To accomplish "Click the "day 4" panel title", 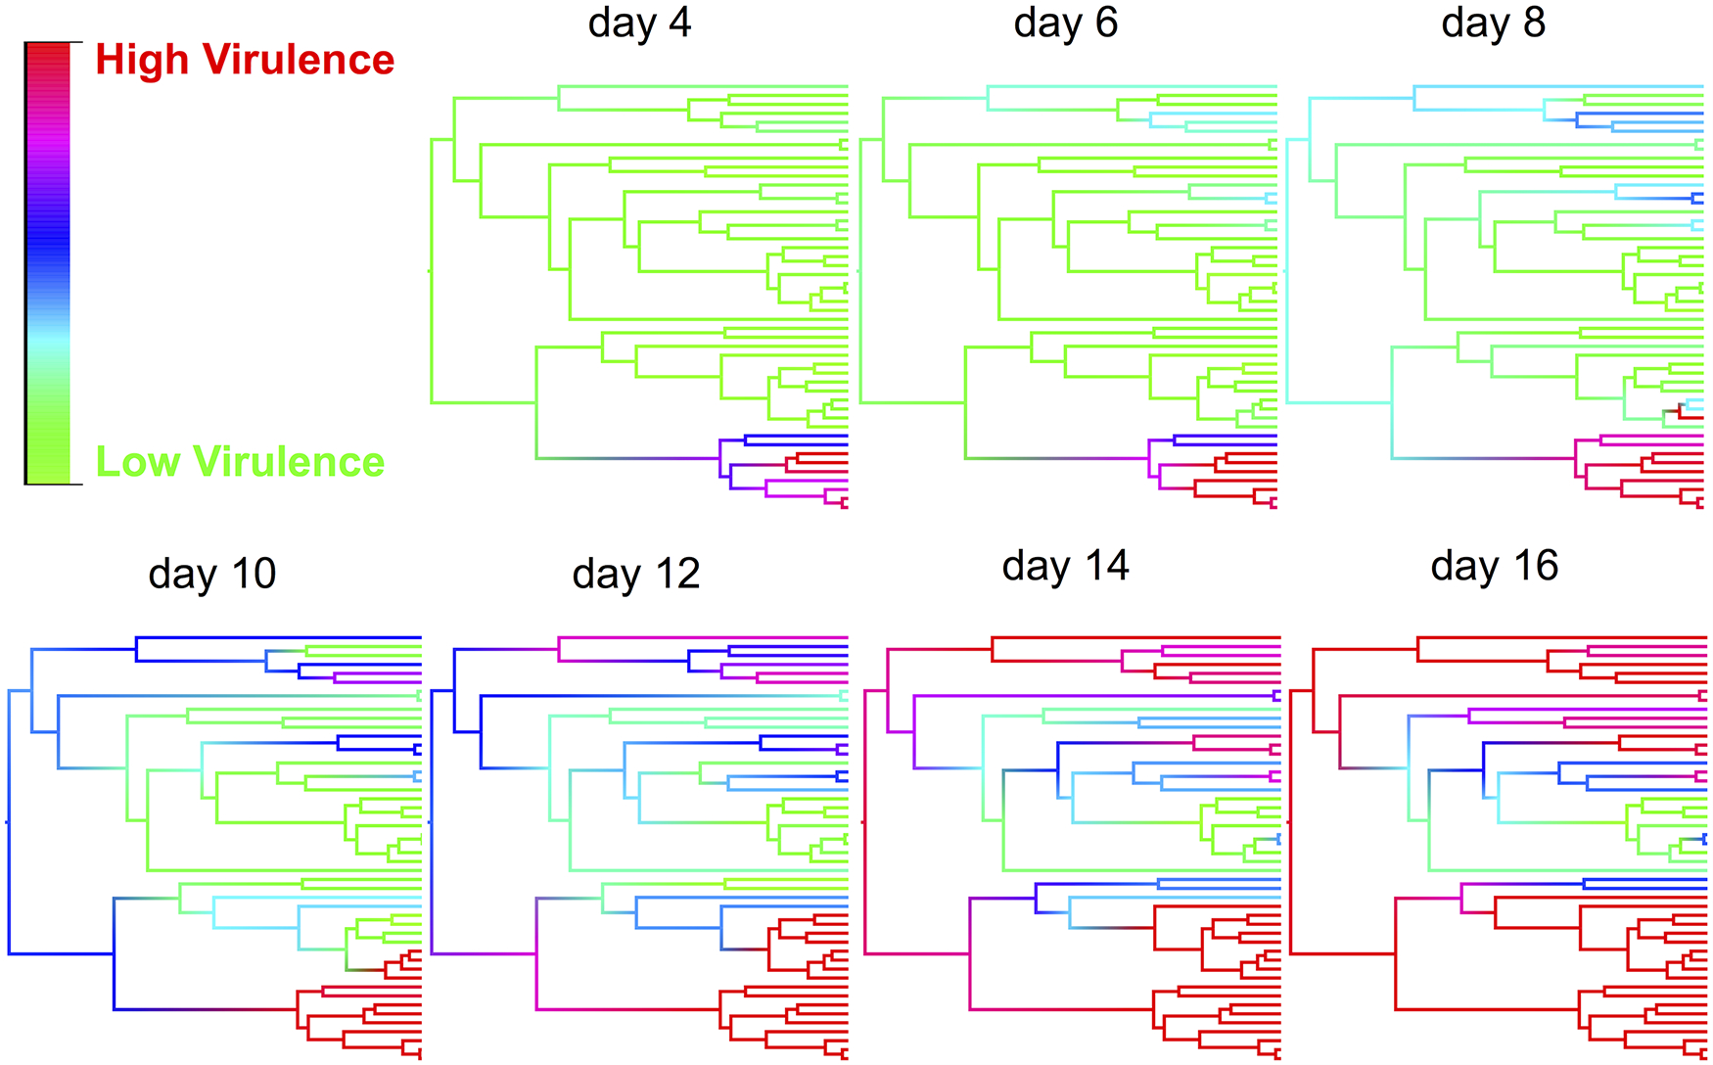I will [x=639, y=23].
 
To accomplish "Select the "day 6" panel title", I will [x=1066, y=23].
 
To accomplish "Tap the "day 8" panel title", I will [x=1493, y=23].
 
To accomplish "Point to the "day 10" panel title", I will [x=212, y=574].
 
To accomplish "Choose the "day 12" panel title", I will [x=636, y=574].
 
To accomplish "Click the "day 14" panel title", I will [x=1066, y=566].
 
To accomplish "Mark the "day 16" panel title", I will [x=1494, y=566].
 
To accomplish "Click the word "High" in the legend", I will [x=142, y=61].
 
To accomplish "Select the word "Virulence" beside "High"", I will [x=299, y=61].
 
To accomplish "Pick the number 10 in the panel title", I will [x=253, y=574].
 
